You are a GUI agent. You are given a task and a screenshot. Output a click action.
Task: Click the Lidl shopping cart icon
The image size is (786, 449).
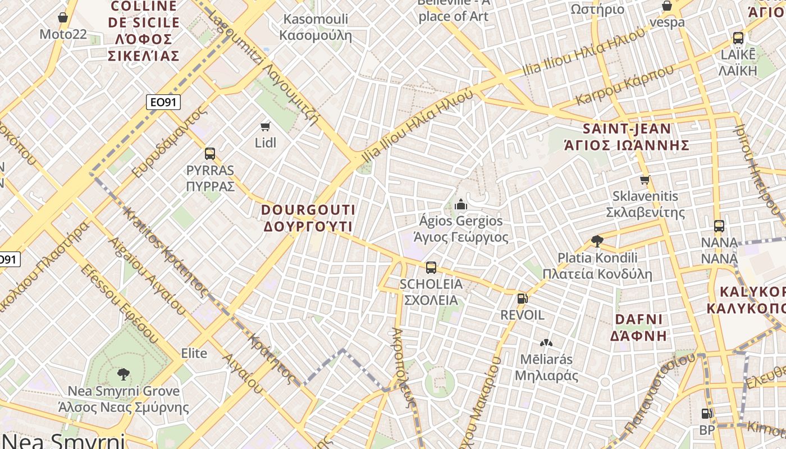point(266,126)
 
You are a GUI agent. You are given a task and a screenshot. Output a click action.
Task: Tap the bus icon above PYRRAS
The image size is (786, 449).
point(210,153)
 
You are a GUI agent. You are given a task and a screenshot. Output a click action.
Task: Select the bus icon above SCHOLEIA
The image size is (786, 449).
point(431,268)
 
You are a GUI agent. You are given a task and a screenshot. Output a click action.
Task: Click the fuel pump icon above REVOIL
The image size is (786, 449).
point(522,299)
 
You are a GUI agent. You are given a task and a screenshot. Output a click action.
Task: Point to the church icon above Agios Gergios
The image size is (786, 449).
point(461,204)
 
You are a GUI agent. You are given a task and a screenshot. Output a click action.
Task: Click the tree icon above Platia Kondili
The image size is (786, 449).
point(597,241)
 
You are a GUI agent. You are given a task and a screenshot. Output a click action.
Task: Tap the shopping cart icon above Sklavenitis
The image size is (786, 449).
point(645,180)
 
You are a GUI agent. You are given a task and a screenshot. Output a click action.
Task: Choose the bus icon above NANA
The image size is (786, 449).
point(719,226)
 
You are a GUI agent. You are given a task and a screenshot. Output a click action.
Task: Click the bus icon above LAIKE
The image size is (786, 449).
point(738,38)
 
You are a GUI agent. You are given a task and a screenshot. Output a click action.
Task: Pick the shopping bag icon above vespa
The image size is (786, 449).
point(667,6)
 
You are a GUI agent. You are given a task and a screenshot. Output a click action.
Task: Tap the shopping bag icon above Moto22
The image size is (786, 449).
point(63,17)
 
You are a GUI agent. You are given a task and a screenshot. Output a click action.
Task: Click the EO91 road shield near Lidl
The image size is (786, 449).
point(163,102)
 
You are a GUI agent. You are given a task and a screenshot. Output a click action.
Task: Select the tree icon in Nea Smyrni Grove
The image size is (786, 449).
point(123,374)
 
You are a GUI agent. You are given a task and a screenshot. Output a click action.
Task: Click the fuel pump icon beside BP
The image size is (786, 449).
point(706,414)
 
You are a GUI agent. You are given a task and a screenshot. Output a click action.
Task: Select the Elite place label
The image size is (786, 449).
point(194,354)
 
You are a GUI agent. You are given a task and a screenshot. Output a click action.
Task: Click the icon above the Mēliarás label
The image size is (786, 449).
point(545,342)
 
